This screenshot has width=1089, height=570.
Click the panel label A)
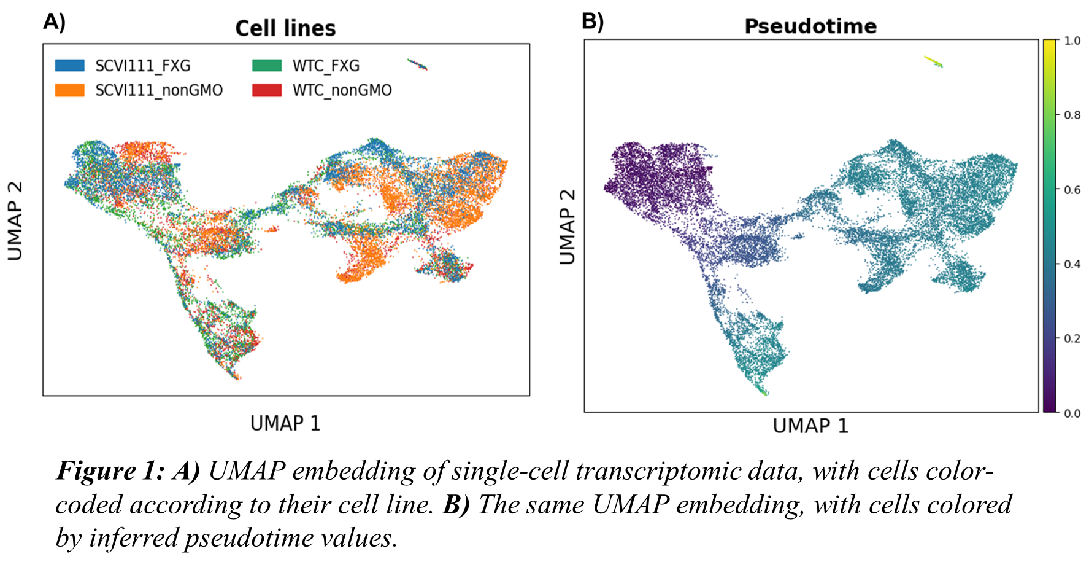[54, 22]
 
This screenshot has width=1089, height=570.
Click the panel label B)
[592, 21]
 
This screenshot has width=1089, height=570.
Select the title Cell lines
[285, 28]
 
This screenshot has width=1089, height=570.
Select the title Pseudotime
[810, 26]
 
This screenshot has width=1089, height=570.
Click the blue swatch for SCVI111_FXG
[70, 66]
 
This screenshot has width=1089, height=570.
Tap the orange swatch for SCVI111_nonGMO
[70, 90]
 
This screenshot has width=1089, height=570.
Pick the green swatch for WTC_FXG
[267, 66]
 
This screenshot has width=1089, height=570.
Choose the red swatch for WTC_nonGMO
[267, 90]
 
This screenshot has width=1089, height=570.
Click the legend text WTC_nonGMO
[342, 90]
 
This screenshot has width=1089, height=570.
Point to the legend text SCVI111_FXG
[143, 66]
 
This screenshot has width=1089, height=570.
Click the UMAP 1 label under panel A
[285, 423]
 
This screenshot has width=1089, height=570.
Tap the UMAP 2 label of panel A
[15, 221]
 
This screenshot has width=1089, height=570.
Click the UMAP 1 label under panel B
[810, 426]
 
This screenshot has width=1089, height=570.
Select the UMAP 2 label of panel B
[568, 227]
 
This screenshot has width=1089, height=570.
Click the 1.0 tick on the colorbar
[1072, 41]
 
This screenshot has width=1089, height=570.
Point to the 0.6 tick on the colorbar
[1072, 190]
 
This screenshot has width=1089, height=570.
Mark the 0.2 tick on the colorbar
[1072, 338]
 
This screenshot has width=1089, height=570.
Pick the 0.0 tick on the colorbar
[1072, 413]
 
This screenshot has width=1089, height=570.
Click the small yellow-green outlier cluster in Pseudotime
[934, 61]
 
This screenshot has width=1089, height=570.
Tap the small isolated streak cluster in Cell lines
[417, 64]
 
